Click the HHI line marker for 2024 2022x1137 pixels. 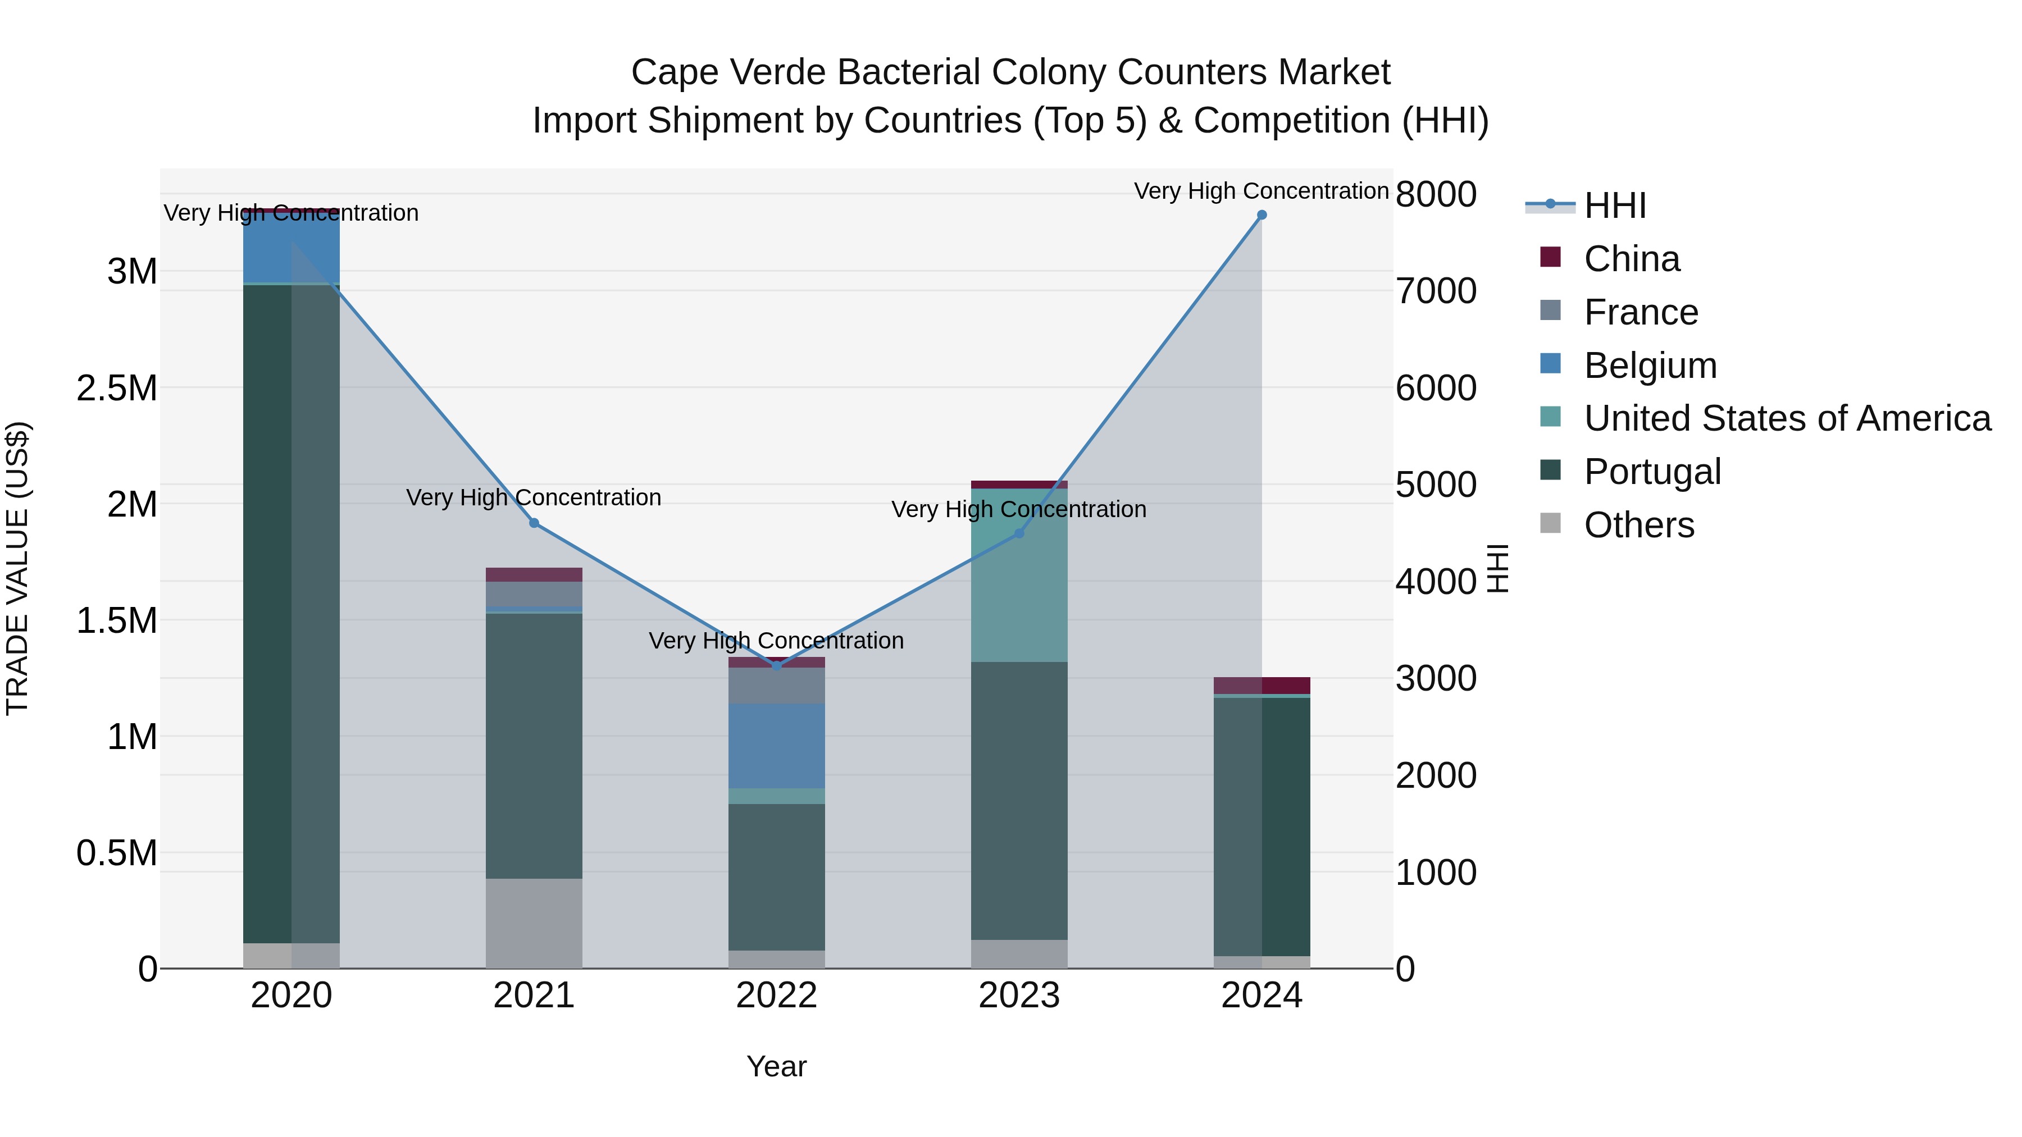[x=1262, y=215]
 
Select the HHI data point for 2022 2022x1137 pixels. [x=776, y=665]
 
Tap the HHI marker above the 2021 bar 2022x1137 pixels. [x=534, y=523]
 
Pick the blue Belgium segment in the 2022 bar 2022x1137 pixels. [x=776, y=746]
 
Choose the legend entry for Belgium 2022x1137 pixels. [x=1649, y=366]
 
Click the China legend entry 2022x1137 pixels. [x=1631, y=259]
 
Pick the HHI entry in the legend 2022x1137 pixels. [x=1614, y=206]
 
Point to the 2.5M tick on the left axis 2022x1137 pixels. [x=116, y=387]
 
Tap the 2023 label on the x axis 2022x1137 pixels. [x=1019, y=996]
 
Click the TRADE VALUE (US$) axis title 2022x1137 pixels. [x=17, y=568]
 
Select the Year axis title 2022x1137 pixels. [x=776, y=1066]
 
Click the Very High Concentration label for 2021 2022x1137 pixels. [x=534, y=497]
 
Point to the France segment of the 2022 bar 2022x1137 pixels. [x=776, y=685]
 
